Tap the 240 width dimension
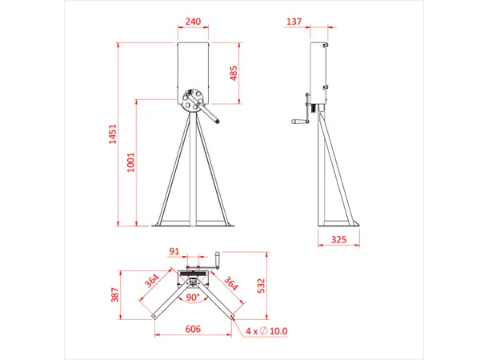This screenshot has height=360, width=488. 193,22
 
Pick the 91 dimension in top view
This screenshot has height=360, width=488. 174,251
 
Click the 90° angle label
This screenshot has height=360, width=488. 193,296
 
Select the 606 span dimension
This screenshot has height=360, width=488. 193,329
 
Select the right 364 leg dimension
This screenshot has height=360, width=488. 231,284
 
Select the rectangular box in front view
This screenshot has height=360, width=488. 193,68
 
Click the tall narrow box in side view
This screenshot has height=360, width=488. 320,72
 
